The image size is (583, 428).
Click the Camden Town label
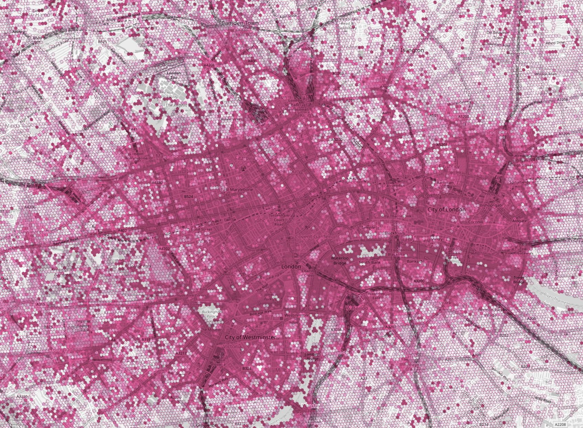click(x=240, y=23)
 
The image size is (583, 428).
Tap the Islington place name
click(x=412, y=50)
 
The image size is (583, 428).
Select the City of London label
click(x=446, y=210)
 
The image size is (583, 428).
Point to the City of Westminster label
click(x=250, y=338)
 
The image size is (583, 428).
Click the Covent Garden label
click(x=313, y=237)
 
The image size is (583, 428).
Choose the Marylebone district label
click(x=170, y=156)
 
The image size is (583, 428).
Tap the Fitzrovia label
click(x=245, y=158)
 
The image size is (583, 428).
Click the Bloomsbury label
click(x=286, y=171)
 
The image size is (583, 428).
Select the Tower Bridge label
click(x=519, y=280)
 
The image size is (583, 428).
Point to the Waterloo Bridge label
click(x=339, y=260)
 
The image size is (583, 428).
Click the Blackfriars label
click(x=395, y=233)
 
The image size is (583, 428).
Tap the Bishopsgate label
click(x=491, y=205)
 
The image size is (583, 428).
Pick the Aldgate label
click(x=519, y=221)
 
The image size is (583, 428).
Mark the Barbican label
click(x=445, y=183)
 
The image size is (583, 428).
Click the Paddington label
click(x=68, y=205)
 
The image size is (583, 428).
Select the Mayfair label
click(x=207, y=241)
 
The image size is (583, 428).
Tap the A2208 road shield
click(x=560, y=425)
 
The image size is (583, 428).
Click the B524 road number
click(x=188, y=197)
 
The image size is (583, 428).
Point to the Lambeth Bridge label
click(x=312, y=356)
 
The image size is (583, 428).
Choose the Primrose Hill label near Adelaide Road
click(x=144, y=28)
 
